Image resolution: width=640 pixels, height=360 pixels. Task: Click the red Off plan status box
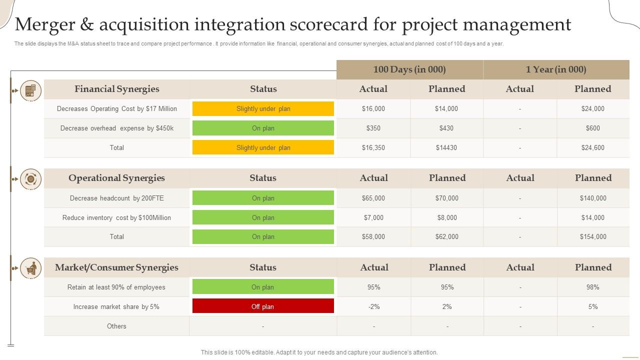click(263, 306)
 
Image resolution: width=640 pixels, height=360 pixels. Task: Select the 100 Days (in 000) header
click(409, 69)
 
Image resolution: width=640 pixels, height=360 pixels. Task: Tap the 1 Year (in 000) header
click(556, 69)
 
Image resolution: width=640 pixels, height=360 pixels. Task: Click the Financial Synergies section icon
click(30, 90)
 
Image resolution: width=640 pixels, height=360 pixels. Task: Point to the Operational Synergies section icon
click(30, 179)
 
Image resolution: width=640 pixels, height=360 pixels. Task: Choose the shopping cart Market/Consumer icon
click(30, 268)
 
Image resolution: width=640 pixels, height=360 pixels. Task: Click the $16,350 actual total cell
click(373, 148)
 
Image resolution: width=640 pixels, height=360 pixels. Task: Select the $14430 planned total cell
click(446, 148)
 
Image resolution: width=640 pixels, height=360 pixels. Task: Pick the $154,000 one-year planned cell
click(593, 237)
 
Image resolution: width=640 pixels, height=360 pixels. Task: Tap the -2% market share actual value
click(374, 307)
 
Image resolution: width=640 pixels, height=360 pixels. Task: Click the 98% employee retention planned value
click(593, 287)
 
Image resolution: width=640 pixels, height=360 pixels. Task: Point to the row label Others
click(116, 326)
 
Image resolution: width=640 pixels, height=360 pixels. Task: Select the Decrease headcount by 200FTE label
click(116, 198)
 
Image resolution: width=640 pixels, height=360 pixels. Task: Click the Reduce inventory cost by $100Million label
click(116, 218)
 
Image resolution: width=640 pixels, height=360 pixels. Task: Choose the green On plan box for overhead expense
click(263, 128)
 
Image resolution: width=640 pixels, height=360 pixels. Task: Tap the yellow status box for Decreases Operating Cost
click(263, 109)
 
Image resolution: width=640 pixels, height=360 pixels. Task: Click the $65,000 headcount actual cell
click(373, 198)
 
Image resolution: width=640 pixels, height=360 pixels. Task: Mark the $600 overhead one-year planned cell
click(593, 128)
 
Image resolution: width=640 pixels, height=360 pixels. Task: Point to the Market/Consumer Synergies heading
click(116, 267)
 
